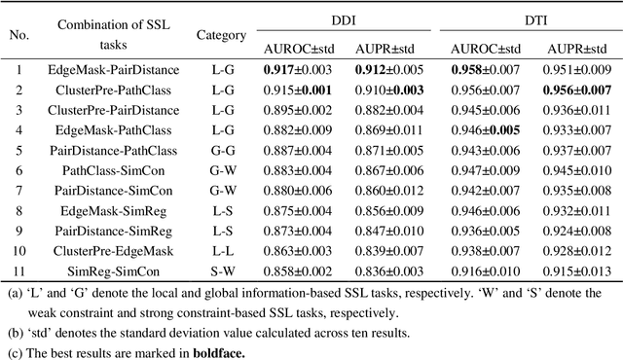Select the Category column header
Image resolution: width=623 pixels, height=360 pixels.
222,35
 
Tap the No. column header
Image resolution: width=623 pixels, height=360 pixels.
18,35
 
